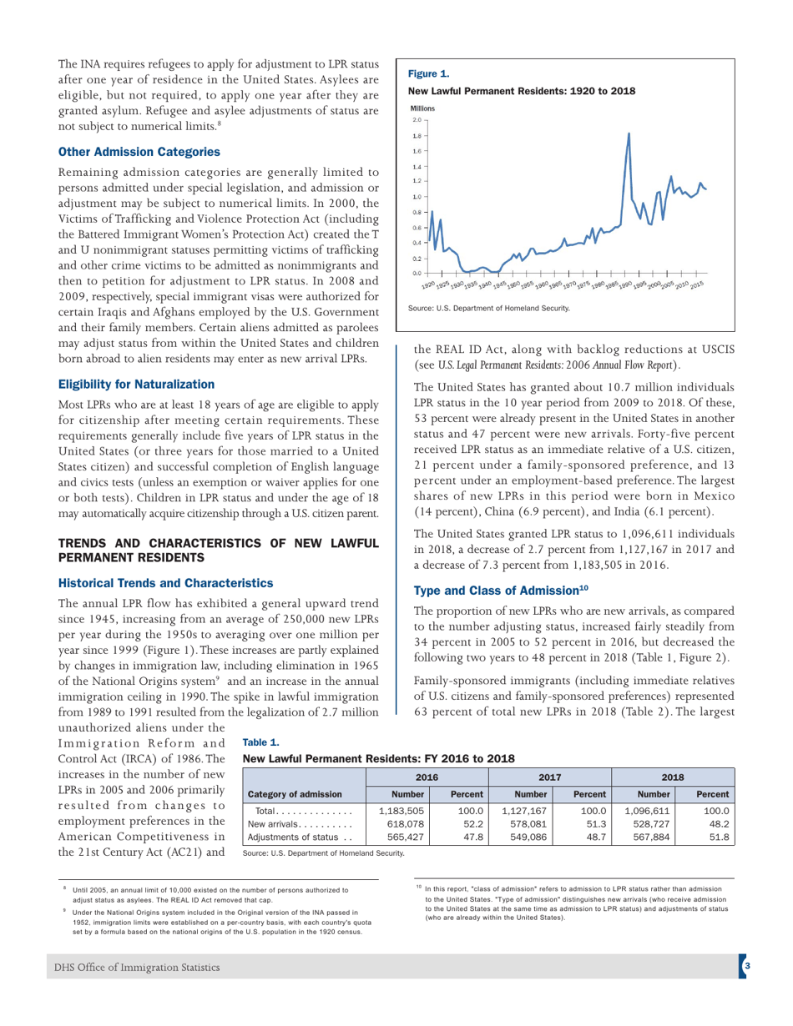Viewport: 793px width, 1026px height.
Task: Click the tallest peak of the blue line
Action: [628, 133]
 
